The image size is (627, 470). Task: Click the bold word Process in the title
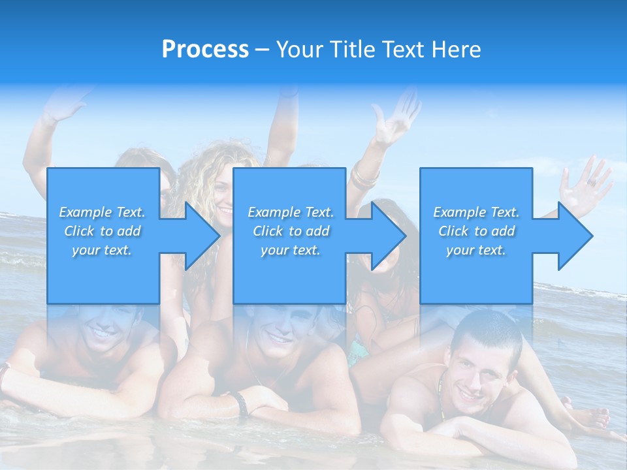tap(205, 50)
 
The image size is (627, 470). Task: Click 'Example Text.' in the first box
tap(103, 212)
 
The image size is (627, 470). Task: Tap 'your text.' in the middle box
tap(290, 250)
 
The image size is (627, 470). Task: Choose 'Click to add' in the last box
tap(476, 231)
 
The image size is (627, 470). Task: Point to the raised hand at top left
tap(65, 104)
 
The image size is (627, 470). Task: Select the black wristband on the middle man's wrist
tap(242, 404)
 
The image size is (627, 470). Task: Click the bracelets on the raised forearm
tap(364, 178)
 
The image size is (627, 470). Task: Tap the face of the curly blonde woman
tap(223, 196)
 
